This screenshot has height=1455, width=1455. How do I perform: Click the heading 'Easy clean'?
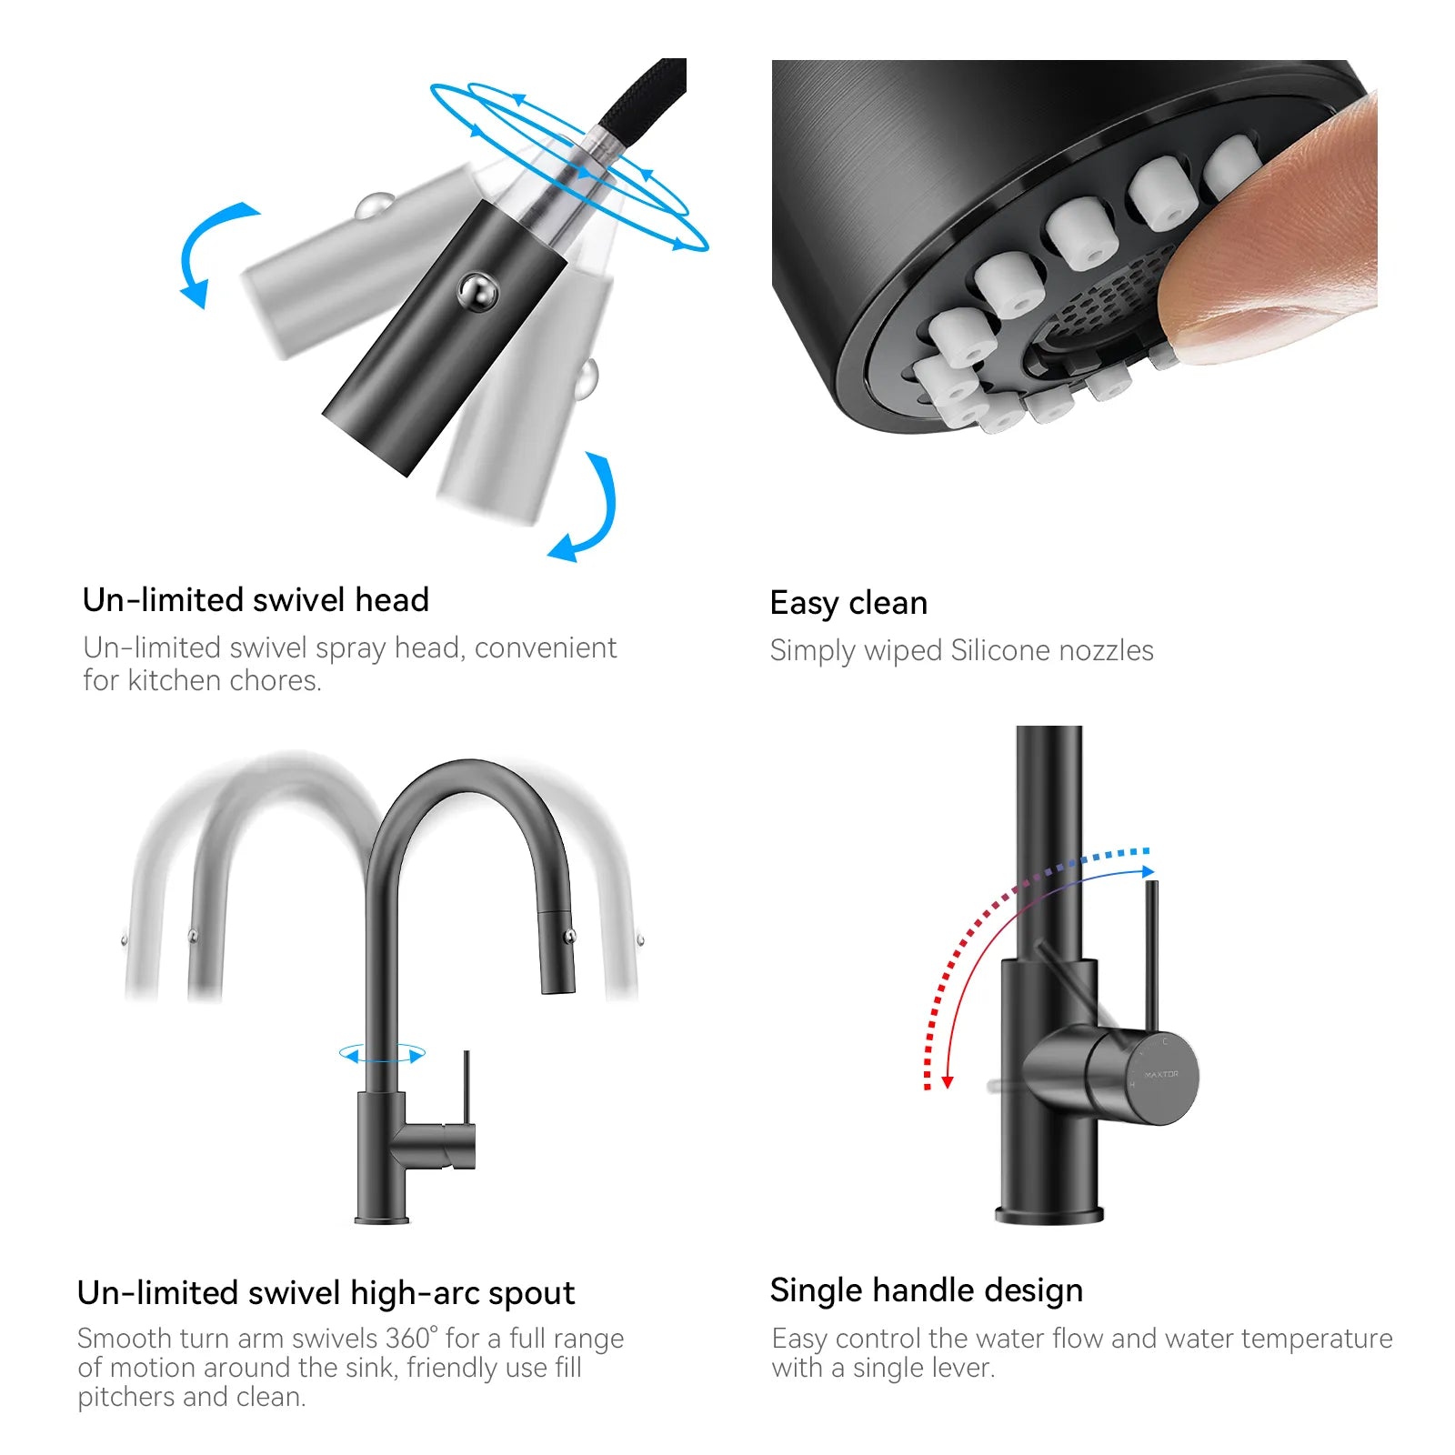848,604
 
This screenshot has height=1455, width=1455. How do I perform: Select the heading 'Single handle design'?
927,1291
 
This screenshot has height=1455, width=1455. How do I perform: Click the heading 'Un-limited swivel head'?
256,600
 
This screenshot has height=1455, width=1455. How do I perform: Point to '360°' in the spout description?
412,1339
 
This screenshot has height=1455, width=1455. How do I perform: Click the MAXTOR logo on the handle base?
1161,1074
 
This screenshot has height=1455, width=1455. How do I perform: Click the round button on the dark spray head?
477,292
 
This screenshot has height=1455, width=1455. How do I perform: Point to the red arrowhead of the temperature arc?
947,1082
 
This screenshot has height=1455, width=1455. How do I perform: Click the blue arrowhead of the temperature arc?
1149,871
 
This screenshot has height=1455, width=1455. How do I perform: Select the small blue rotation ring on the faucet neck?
382,1054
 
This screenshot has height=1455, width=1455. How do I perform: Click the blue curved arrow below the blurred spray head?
587,509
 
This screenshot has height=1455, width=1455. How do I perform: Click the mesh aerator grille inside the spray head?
1105,305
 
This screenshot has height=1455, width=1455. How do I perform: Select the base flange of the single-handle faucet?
1049,1214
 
